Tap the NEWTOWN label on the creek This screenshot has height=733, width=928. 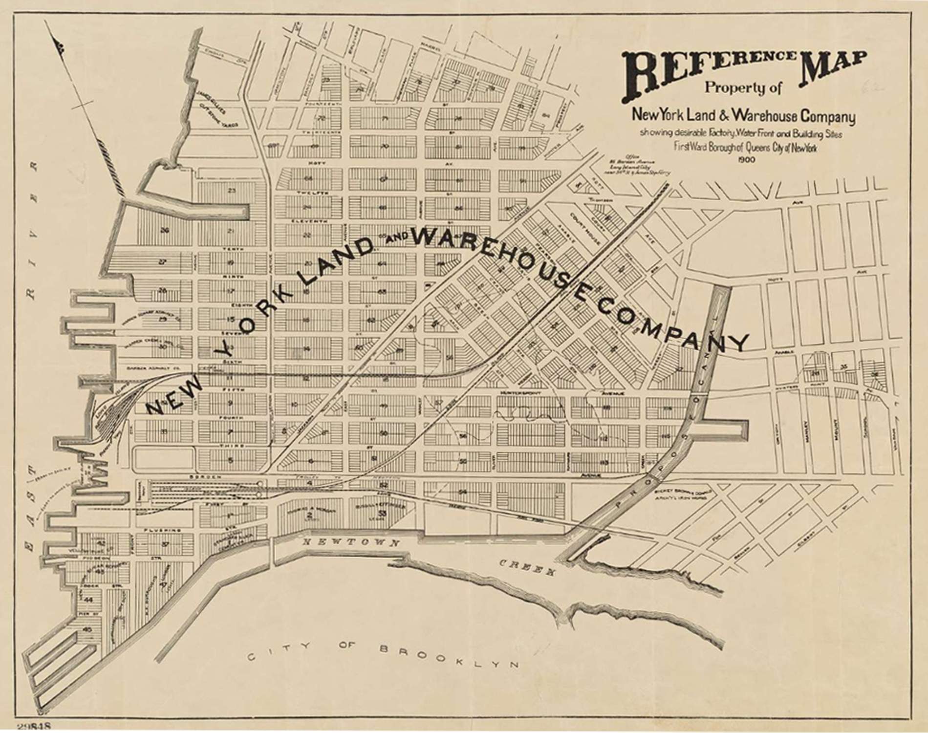point(351,542)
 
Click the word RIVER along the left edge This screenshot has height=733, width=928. point(32,230)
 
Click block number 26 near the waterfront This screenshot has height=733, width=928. point(165,230)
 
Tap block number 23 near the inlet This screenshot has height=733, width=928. point(232,190)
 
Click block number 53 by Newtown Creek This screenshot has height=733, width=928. point(382,512)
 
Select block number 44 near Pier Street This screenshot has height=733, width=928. point(88,599)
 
